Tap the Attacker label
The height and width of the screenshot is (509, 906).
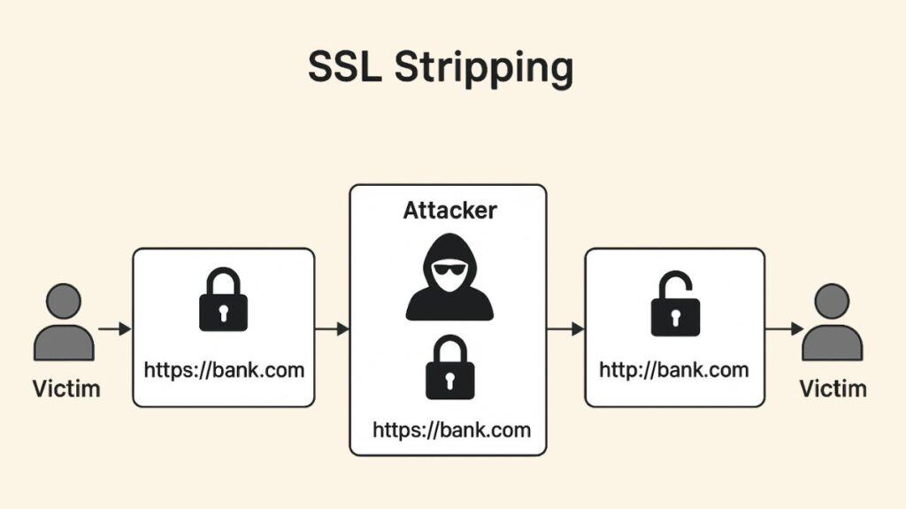[449, 211]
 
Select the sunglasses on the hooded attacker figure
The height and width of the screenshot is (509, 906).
[449, 268]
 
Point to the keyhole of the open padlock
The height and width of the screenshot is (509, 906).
[675, 317]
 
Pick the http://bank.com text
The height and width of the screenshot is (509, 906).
[674, 369]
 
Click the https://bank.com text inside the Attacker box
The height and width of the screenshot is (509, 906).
[451, 430]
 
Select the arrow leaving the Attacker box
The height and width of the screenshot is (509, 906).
[565, 329]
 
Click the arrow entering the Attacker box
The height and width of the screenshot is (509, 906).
[332, 329]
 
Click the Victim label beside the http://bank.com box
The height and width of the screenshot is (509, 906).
[833, 389]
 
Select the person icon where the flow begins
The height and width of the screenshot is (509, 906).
[63, 322]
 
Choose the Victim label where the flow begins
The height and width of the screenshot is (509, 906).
[65, 389]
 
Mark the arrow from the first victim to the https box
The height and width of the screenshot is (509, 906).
[114, 329]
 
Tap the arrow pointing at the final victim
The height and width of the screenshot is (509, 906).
[784, 329]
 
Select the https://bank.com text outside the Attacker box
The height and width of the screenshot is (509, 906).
[224, 369]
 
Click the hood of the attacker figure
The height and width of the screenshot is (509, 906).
[449, 248]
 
